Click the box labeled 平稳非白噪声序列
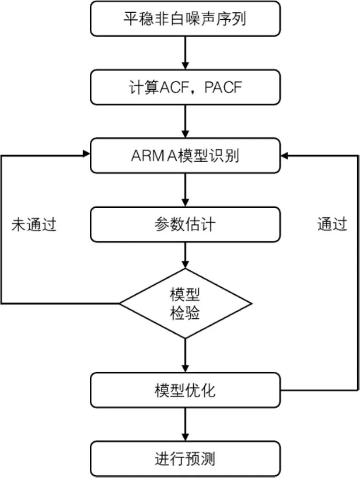tap(185, 19)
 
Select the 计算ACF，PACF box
tap(185, 87)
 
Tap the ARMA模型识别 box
tap(185, 156)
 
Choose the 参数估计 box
tap(185, 224)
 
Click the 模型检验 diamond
tap(185, 303)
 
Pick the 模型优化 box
tap(185, 390)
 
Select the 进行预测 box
tap(185, 458)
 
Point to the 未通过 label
tap(34, 225)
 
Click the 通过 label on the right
tap(332, 225)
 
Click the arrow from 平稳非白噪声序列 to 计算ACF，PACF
tap(185, 53)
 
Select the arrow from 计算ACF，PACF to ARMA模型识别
tap(185, 121)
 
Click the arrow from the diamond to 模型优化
tap(185, 355)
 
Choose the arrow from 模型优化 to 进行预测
tap(185, 423)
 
